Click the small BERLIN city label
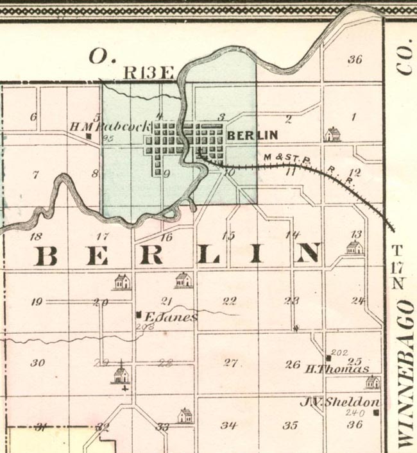coord(252,135)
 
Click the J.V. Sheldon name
coord(340,402)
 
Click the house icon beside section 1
coord(332,133)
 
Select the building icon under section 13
coord(354,247)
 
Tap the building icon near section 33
coord(185,415)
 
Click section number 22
coord(228,301)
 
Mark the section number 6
coord(33,117)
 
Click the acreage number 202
coord(340,352)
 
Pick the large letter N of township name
coord(307,254)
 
